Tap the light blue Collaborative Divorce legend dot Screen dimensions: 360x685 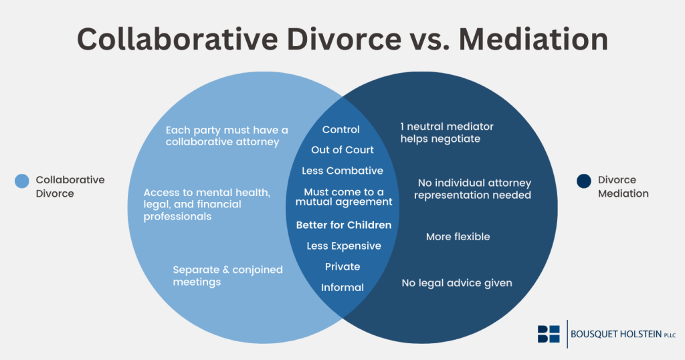[22, 181]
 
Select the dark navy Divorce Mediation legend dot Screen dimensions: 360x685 [584, 181]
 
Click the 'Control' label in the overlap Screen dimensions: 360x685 [341, 130]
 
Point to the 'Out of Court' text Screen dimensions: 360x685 [342, 150]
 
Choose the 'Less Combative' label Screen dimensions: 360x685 [342, 171]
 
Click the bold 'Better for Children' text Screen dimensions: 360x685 [344, 225]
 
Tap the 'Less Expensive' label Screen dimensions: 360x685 [344, 246]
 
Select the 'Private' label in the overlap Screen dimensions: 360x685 [342, 266]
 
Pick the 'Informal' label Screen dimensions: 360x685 [342, 287]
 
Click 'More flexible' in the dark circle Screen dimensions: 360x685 [458, 236]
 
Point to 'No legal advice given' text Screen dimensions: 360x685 [457, 283]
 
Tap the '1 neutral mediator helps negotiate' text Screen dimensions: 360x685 [447, 132]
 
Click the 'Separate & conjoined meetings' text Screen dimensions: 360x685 [227, 276]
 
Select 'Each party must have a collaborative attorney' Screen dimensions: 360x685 [227, 136]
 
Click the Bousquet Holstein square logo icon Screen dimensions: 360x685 [549, 334]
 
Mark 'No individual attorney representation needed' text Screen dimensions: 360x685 [472, 189]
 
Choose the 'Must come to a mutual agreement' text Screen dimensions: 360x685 [343, 197]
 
